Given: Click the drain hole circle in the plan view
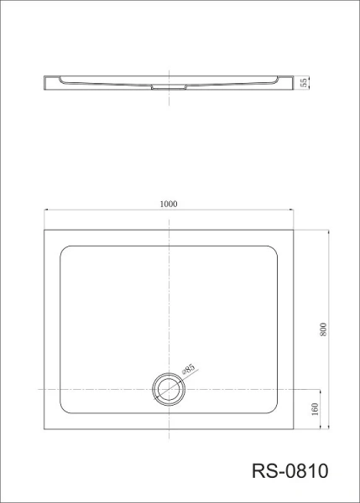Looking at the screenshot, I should [169, 390].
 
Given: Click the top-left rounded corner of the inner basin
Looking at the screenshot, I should [63, 249].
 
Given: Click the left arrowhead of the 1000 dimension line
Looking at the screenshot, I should [47, 210].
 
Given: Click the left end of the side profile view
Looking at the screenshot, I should [45, 81].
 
